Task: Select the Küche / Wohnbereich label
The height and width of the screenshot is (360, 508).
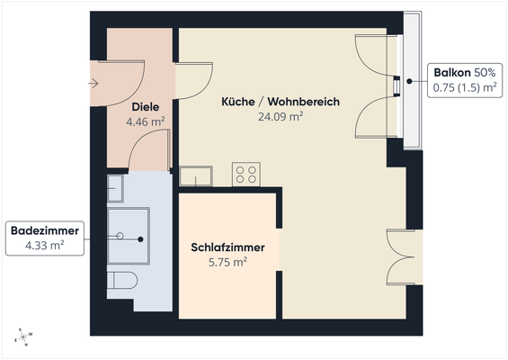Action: (x=281, y=102)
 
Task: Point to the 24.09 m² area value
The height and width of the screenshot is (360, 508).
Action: (x=281, y=115)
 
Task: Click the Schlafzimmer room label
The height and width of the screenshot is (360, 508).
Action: (x=227, y=247)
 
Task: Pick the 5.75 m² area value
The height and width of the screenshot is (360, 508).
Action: (x=227, y=262)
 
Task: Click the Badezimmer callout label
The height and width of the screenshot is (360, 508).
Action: (x=45, y=231)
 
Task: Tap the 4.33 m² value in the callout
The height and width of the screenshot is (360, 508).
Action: (x=45, y=245)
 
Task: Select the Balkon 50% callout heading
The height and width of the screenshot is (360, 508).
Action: (x=465, y=72)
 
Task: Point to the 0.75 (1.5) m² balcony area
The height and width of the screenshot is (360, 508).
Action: (x=465, y=86)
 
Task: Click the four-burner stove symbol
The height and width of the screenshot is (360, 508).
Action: (x=246, y=174)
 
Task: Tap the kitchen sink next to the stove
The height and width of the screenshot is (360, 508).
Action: (x=197, y=175)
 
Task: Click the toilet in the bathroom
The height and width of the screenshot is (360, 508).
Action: (x=120, y=280)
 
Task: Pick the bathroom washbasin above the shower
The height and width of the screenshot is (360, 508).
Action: (x=117, y=189)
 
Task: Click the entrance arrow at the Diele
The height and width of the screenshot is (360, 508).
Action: (x=94, y=84)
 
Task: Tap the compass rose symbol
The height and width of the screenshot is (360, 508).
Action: (x=24, y=337)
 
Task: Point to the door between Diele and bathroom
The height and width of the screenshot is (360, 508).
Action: (x=148, y=153)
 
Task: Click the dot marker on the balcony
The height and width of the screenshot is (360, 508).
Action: (x=409, y=81)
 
